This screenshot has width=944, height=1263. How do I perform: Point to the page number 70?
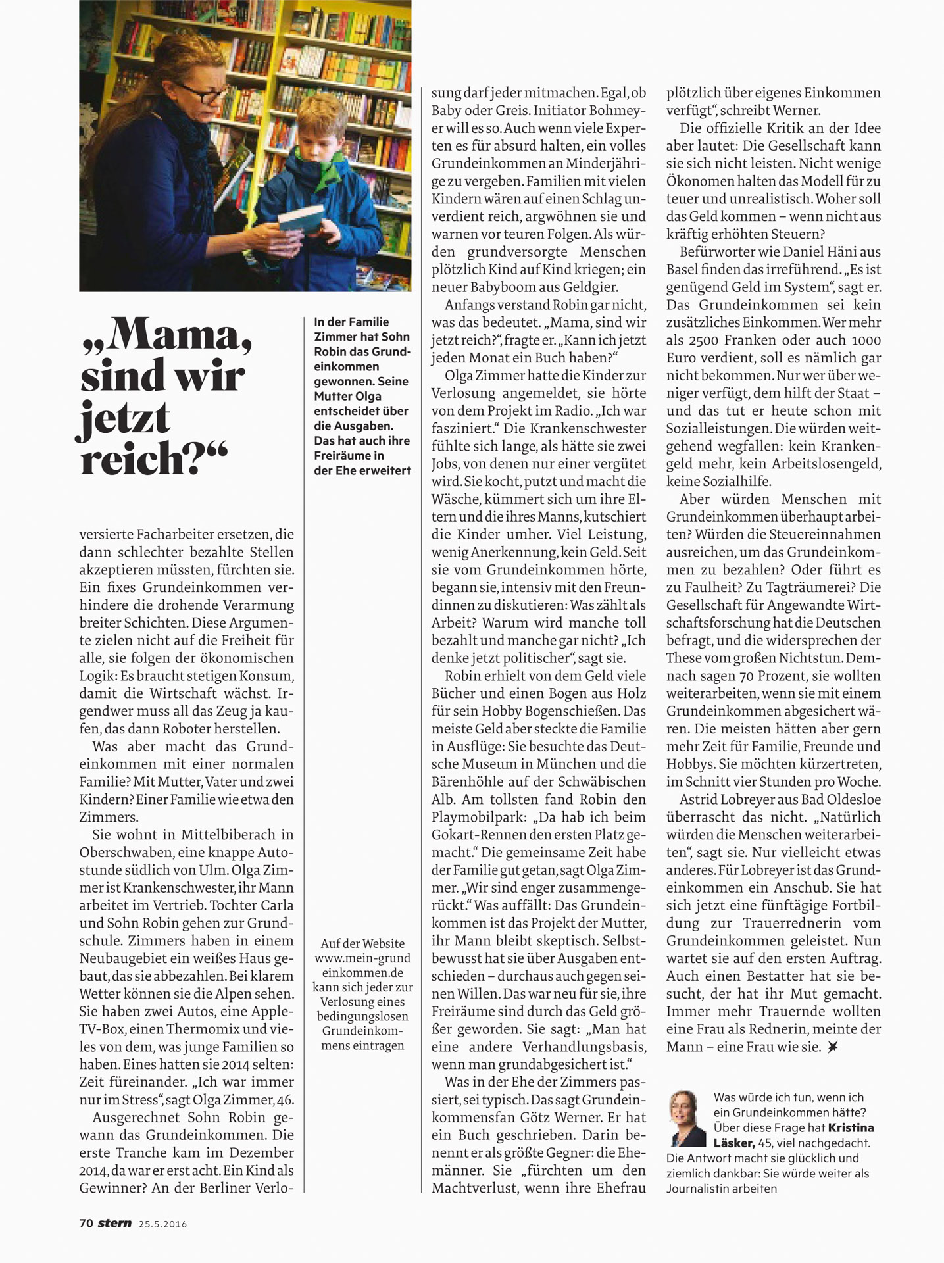coord(86,1224)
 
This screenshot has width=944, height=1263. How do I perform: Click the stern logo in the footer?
coord(114,1224)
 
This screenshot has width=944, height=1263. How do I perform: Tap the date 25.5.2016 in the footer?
coord(162,1224)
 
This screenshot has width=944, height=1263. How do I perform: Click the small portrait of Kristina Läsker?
coord(686,1118)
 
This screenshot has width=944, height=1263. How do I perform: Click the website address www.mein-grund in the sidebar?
coord(362,958)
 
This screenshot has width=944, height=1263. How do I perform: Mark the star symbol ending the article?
coord(833,1047)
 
